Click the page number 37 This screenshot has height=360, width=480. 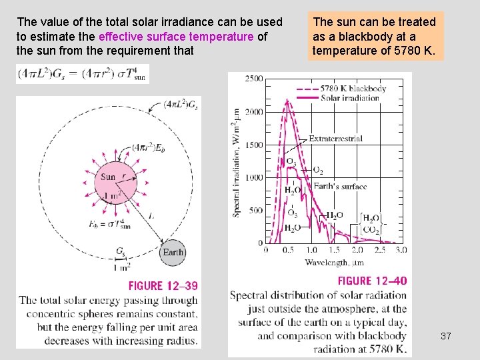pyautogui.click(x=446, y=336)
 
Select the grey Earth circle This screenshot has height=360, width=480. pyautogui.click(x=173, y=252)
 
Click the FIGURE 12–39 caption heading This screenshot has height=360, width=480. pyautogui.click(x=163, y=286)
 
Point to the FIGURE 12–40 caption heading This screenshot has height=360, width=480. pyautogui.click(x=372, y=281)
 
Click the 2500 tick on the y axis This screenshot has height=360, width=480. pyautogui.click(x=253, y=79)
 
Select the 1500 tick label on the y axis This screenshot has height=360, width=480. pyautogui.click(x=253, y=145)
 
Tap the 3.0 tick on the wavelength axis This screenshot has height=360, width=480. pyautogui.click(x=401, y=250)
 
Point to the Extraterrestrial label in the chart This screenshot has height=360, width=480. pyautogui.click(x=335, y=139)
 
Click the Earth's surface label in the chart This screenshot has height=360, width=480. pyautogui.click(x=340, y=186)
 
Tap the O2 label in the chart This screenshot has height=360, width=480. pyautogui.click(x=318, y=171)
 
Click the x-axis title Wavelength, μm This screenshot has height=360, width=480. pyautogui.click(x=334, y=262)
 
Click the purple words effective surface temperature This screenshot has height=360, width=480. pyautogui.click(x=176, y=37)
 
